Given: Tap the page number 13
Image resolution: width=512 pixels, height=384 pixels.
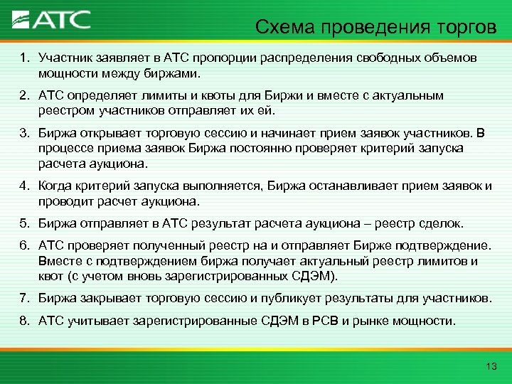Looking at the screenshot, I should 489,366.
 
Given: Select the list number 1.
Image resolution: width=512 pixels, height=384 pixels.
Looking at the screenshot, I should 23,56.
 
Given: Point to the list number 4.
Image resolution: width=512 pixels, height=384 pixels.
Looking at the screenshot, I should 23,186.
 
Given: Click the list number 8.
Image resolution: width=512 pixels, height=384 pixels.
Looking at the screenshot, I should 23,321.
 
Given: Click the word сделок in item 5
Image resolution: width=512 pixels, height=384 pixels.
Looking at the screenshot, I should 440,223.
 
